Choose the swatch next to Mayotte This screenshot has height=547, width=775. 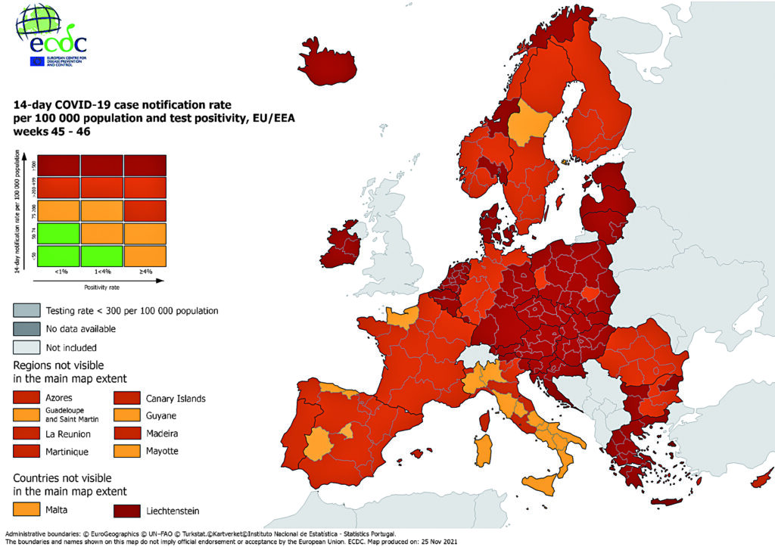(129, 452)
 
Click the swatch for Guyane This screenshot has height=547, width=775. (129, 415)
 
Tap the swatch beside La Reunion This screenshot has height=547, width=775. (28, 434)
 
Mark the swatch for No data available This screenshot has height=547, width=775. (28, 329)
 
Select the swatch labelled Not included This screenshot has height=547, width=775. (28, 347)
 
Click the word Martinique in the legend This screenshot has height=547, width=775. (67, 452)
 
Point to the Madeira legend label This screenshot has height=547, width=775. (163, 434)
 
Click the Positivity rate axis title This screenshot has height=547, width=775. (101, 287)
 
